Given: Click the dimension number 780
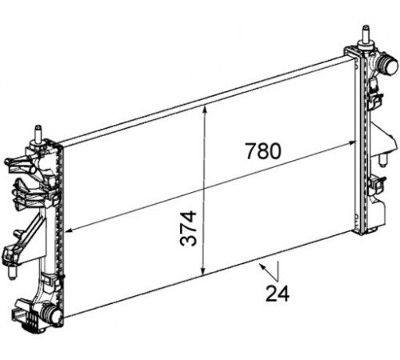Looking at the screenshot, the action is point(263,151).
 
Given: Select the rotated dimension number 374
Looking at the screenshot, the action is point(188,228).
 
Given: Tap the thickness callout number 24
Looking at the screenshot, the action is point(278,294).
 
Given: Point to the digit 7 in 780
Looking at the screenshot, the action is point(250,151).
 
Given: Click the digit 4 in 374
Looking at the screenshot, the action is point(188,217).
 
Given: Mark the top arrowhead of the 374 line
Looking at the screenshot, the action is point(205,109).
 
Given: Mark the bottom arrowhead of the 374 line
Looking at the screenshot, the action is point(203,271).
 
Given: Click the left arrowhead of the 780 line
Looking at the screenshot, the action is point(69,230).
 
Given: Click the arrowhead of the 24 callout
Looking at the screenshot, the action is point(262,266).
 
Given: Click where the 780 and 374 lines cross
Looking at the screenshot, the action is point(204,189).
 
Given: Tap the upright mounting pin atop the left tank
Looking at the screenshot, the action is point(39,134).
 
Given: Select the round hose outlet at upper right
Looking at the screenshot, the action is point(389,64).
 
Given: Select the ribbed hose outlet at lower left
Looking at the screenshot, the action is point(50,314).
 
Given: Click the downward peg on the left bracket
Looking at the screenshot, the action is point(11,273).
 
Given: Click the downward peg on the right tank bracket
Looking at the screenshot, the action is point(382,159).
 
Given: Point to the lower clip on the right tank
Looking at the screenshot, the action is point(377,185).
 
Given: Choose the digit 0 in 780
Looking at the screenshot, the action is point(275,151).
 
